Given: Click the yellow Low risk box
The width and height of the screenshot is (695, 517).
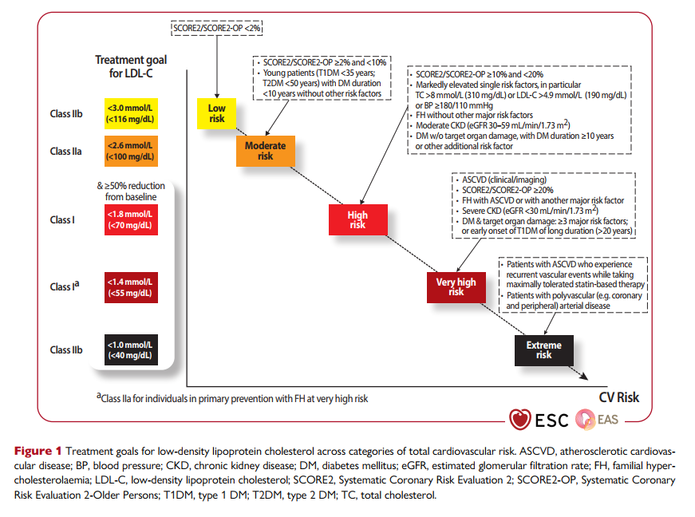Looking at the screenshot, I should point(217,113).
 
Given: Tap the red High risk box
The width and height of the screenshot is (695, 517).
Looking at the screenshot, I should point(357,219).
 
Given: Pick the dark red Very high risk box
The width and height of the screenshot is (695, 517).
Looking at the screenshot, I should point(456,286).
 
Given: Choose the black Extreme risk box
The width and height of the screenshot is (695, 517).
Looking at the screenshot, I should point(543,350).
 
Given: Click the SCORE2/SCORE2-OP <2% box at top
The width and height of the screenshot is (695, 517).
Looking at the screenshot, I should point(217,28).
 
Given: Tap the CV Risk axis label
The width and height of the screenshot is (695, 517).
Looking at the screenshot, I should point(618,397).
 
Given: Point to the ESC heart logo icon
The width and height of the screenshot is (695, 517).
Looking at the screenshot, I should point(519,419).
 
